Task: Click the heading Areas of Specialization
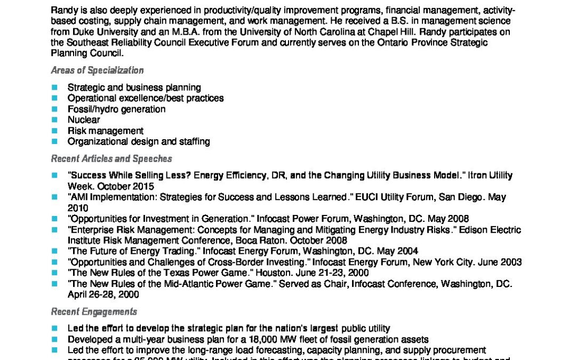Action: (97, 70)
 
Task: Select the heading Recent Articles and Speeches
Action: (111, 158)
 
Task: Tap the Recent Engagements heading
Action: (94, 311)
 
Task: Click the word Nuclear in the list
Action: (83, 120)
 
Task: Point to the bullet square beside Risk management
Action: (54, 131)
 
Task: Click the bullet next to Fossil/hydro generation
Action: (54, 109)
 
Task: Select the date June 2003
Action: (498, 262)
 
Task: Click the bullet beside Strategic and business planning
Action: (54, 87)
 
